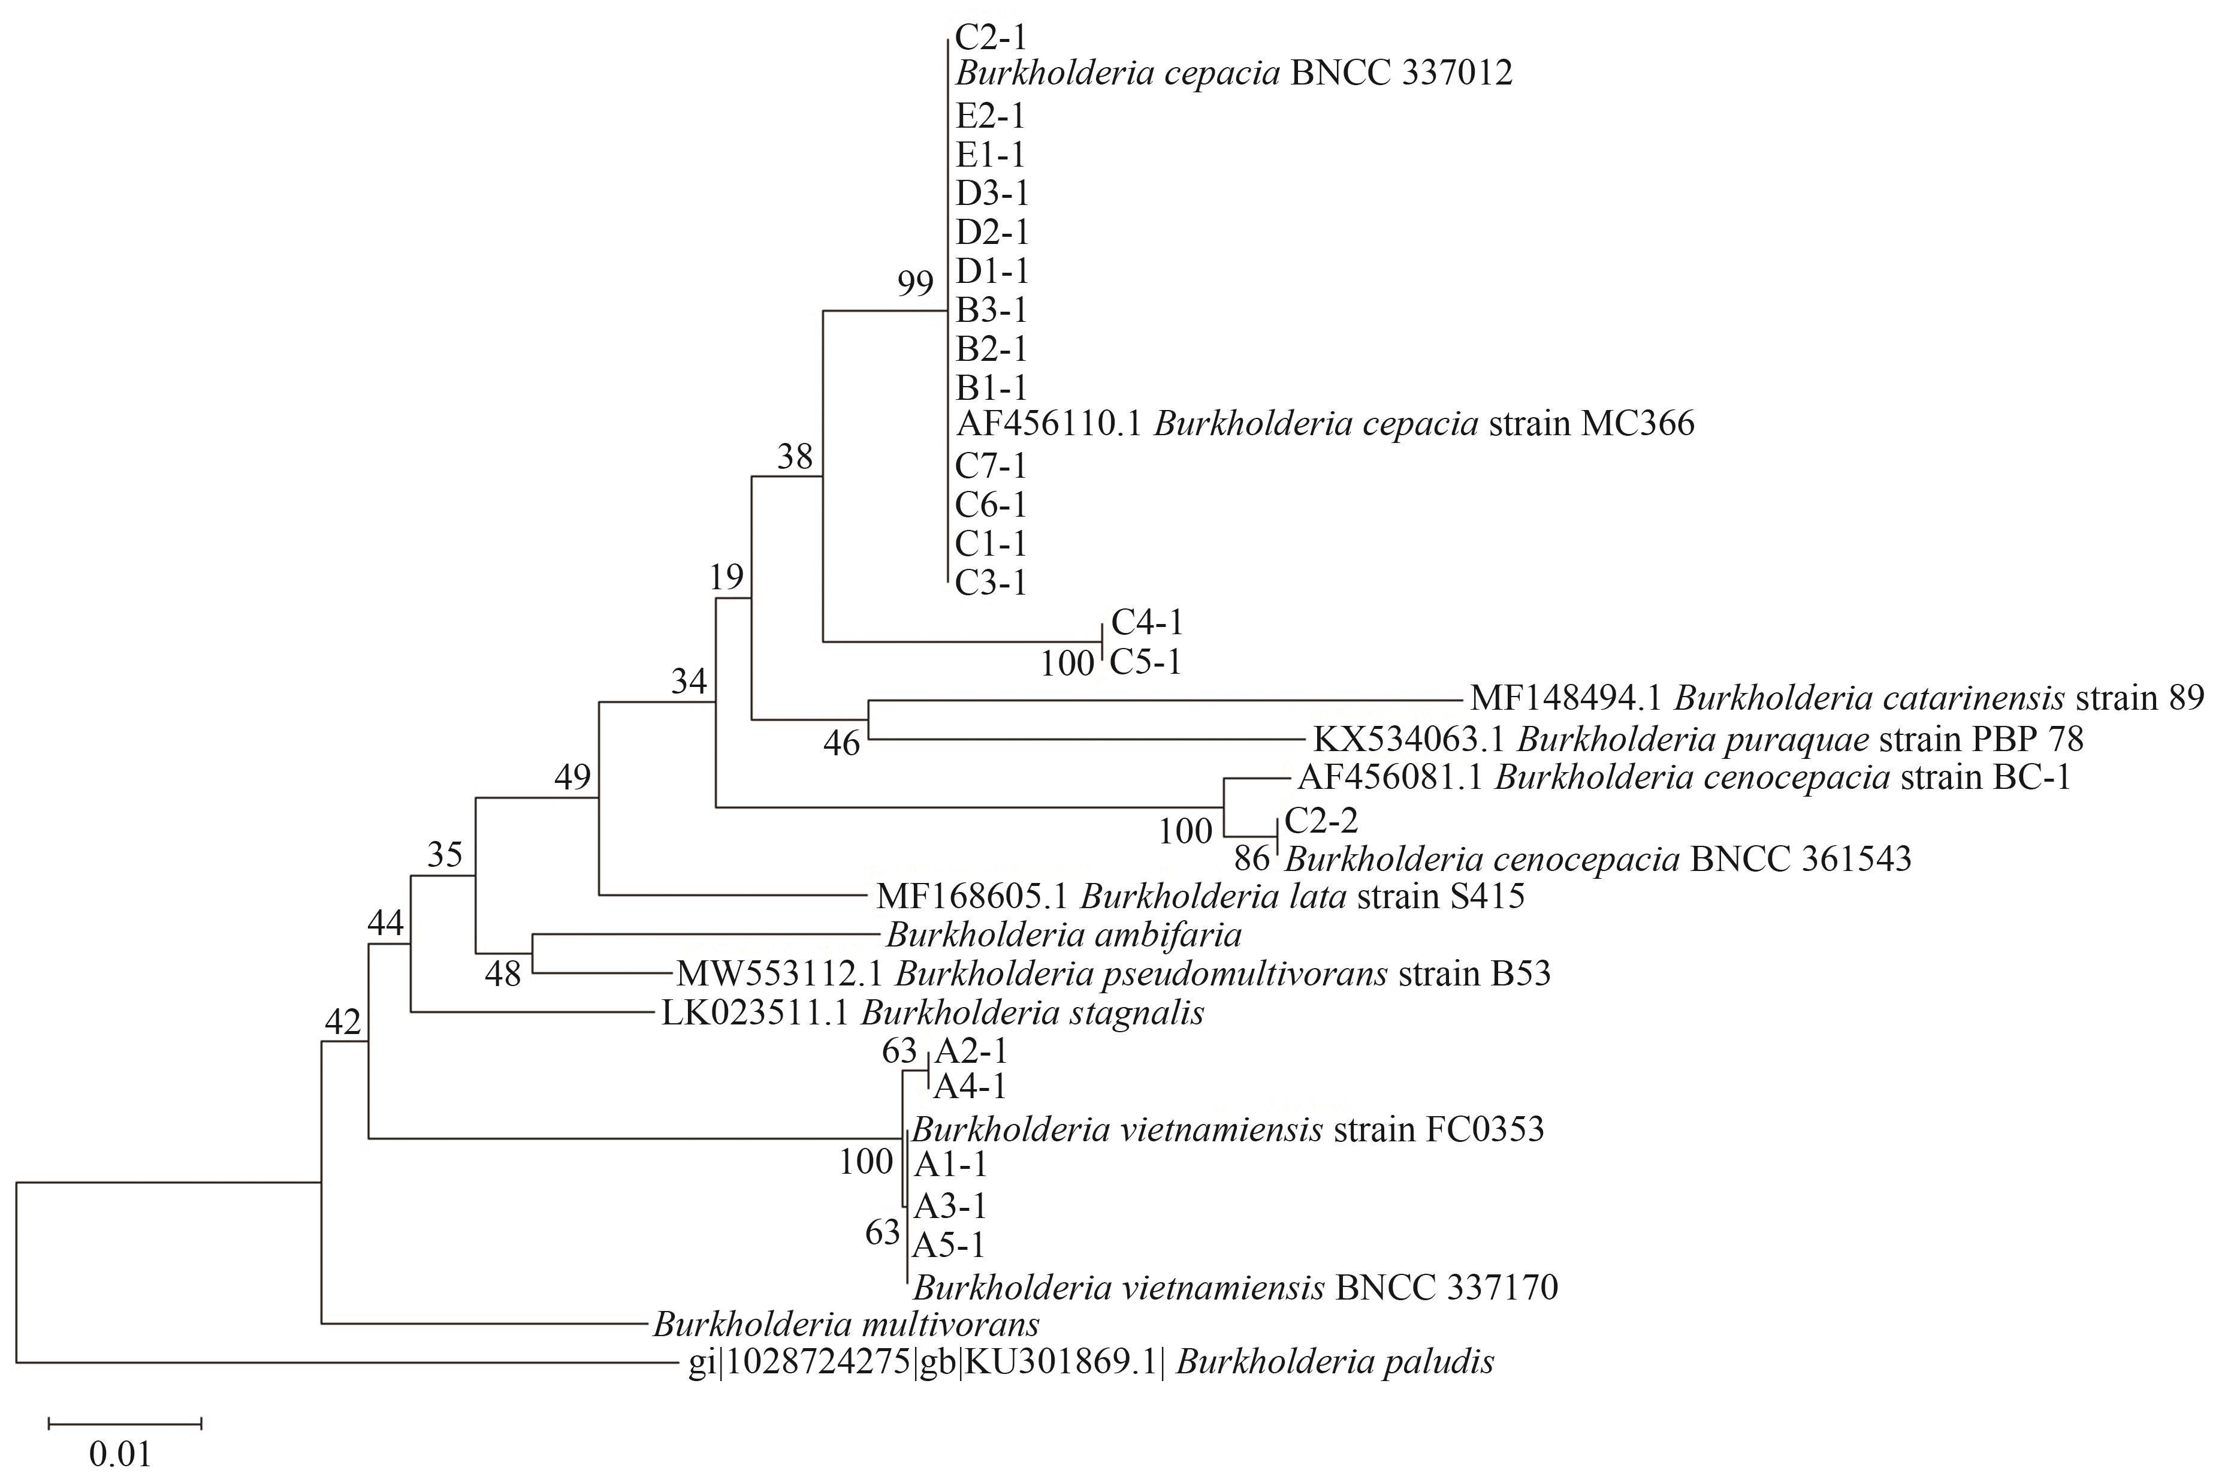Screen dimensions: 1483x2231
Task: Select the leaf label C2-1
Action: (991, 37)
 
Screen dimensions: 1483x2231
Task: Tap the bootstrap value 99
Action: (915, 283)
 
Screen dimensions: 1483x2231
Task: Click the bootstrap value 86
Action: (1252, 859)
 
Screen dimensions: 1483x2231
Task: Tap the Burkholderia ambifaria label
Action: (1064, 935)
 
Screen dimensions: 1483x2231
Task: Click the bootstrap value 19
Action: (727, 576)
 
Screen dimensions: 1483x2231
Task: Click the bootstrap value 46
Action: (841, 743)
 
